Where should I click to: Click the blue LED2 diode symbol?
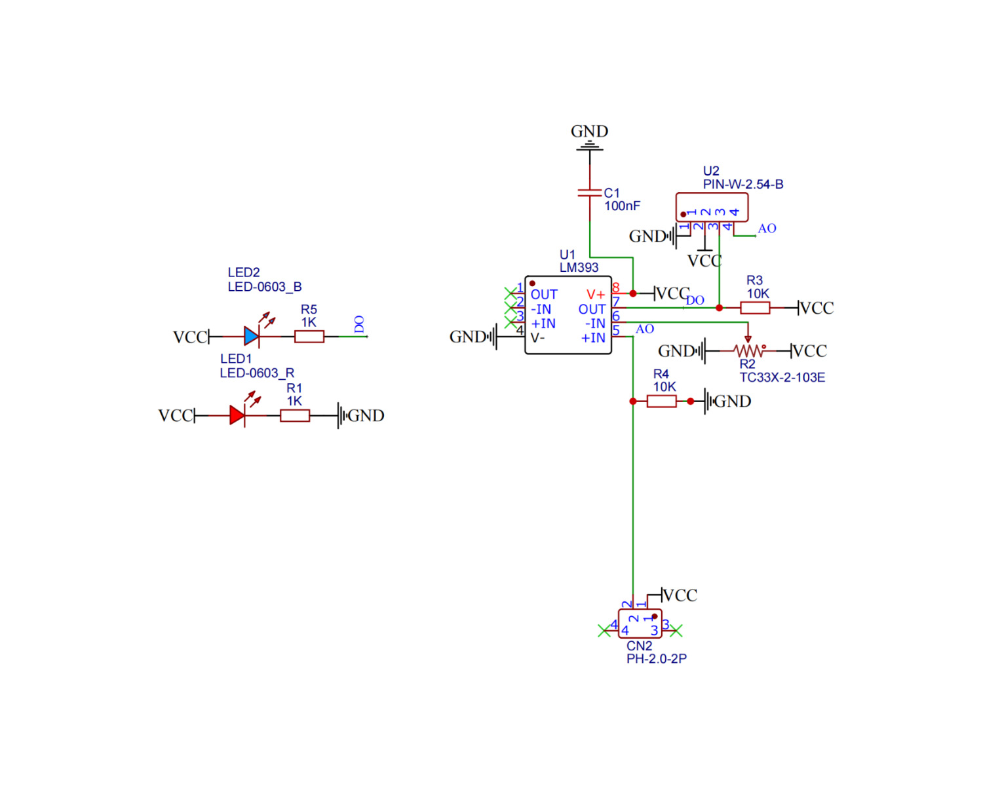(x=251, y=337)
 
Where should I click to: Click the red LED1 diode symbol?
(x=237, y=415)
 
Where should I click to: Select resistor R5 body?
(x=309, y=337)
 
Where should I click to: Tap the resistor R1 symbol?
(x=294, y=415)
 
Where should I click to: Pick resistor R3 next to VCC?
(x=754, y=308)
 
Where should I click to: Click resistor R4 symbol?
(x=661, y=402)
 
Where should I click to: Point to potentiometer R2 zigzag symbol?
(x=748, y=351)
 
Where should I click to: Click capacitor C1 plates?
(x=590, y=193)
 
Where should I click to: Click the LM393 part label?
(x=579, y=268)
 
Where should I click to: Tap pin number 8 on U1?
(x=615, y=288)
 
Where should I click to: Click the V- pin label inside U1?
(x=537, y=338)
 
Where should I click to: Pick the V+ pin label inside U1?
(x=595, y=295)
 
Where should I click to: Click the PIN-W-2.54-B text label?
(x=742, y=185)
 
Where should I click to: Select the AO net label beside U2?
(x=767, y=229)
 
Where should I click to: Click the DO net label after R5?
(x=359, y=324)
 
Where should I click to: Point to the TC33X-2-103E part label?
(x=782, y=378)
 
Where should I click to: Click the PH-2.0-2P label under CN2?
(x=656, y=659)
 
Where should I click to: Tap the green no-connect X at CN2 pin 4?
(x=604, y=631)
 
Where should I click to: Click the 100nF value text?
(x=621, y=206)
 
